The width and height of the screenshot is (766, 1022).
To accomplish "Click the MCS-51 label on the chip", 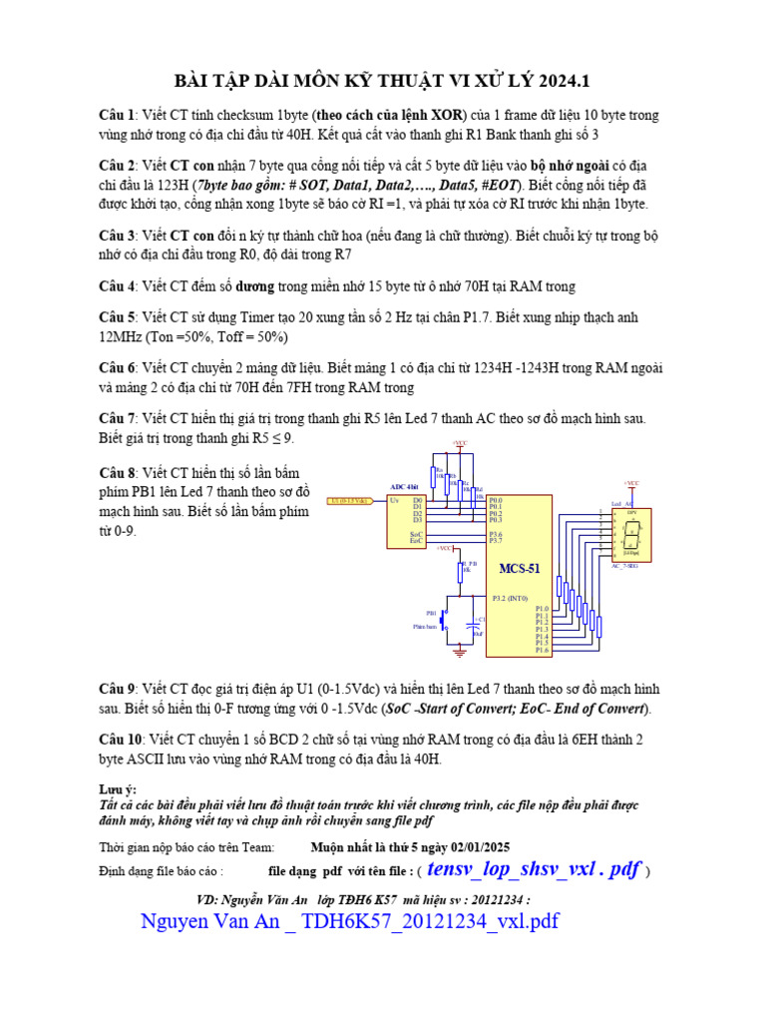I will pos(520,569).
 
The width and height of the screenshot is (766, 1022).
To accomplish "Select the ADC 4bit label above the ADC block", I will pos(404,485).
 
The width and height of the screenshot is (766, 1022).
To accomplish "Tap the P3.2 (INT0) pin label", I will pos(513,598).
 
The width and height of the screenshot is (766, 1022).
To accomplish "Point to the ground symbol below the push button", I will pos(460,652).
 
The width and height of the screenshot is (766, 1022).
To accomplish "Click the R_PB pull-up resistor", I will pos(460,572).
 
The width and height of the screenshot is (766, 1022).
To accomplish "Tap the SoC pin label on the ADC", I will pos(416,534).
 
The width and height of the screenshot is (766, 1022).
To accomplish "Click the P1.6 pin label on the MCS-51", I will pos(542,650).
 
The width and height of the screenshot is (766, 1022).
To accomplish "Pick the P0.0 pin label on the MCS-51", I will pos(496,499).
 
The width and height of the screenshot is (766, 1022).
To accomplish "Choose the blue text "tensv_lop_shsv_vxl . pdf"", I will pos(533,869).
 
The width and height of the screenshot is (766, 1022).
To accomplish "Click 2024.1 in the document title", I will pos(571,79).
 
